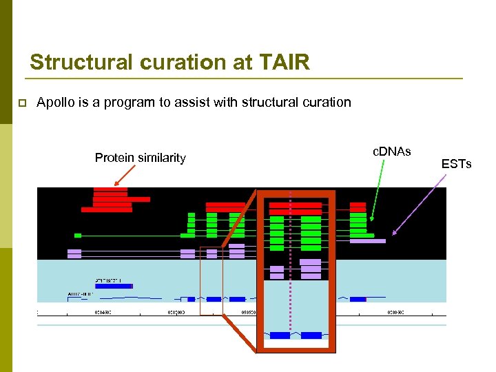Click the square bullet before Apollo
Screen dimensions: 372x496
21,103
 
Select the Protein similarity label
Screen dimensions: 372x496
140,158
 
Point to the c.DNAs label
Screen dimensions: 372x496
391,151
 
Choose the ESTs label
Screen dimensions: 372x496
456,163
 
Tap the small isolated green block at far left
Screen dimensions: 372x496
78,236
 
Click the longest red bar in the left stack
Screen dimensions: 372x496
121,199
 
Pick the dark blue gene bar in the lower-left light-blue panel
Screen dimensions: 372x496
114,286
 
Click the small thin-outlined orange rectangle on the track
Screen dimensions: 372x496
211,280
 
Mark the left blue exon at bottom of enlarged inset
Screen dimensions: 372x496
280,335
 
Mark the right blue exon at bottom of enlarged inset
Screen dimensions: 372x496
311,335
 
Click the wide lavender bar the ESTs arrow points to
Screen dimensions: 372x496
367,241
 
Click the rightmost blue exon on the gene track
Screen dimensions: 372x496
358,299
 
